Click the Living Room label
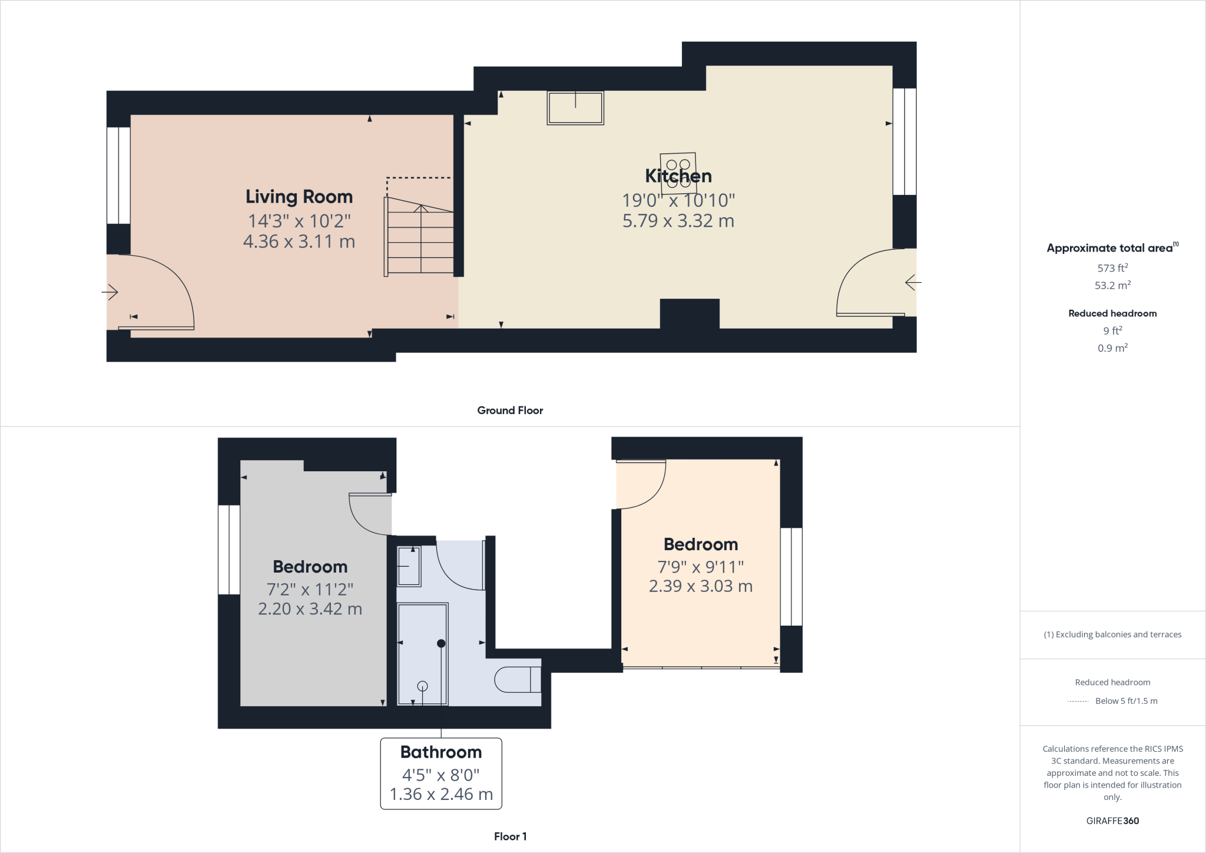299,197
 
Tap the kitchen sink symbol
575,108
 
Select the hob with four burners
678,173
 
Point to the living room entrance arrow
111,292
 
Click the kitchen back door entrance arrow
913,283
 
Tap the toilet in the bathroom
517,679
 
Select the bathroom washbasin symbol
409,566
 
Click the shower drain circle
422,686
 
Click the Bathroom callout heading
441,752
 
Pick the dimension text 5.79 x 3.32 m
678,221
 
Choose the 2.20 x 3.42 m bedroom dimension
310,609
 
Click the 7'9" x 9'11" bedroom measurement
701,567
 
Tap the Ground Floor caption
510,411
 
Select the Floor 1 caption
510,837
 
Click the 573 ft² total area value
1112,268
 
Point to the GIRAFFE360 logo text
1112,821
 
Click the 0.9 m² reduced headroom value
1112,348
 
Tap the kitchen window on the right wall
904,141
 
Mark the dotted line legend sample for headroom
1078,701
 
